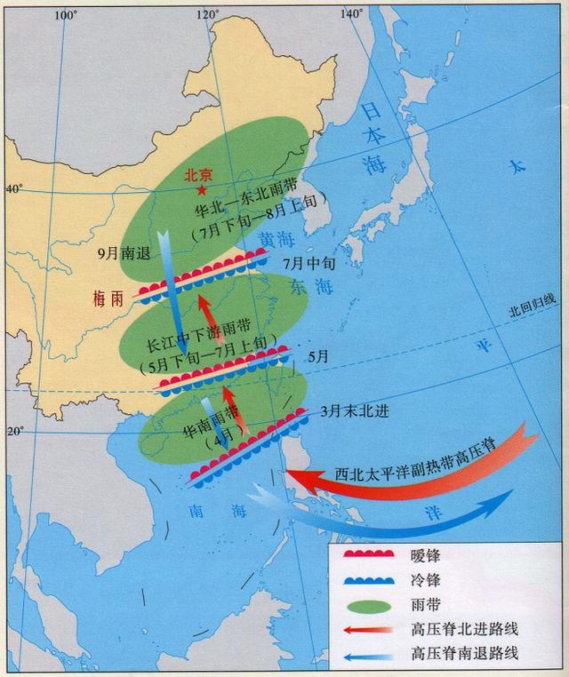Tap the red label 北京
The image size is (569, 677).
(197, 176)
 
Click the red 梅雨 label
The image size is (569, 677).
(111, 299)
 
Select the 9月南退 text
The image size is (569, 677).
(124, 252)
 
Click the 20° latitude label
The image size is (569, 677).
(15, 432)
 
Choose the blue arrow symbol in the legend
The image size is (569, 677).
(365, 655)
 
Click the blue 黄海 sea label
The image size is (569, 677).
(273, 241)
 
